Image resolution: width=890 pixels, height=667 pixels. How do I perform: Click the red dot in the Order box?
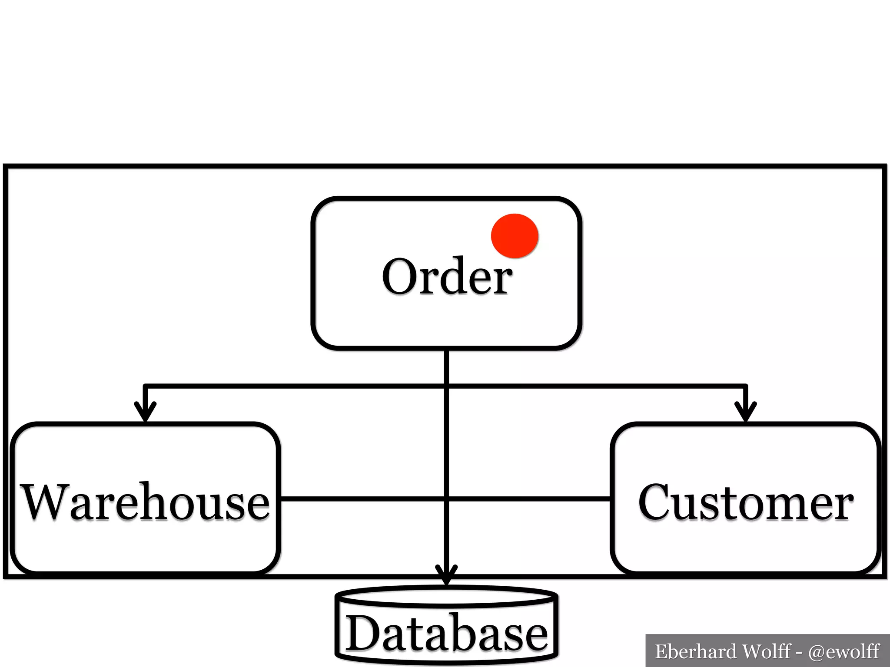(515, 236)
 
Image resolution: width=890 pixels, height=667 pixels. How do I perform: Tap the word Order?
(447, 277)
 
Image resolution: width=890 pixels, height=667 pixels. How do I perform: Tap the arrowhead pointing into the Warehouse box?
(146, 413)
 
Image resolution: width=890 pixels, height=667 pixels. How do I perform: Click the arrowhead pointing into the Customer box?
(746, 413)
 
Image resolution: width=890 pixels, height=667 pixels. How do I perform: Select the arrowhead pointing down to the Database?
(447, 575)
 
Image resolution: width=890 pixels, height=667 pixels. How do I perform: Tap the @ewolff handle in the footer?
(844, 651)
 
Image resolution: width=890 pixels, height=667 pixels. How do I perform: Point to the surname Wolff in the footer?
(767, 651)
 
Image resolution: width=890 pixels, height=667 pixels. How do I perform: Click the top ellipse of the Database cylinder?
(447, 596)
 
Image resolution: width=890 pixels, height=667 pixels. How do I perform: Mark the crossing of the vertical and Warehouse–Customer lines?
(447, 499)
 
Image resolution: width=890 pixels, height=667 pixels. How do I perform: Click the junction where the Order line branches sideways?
(447, 385)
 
